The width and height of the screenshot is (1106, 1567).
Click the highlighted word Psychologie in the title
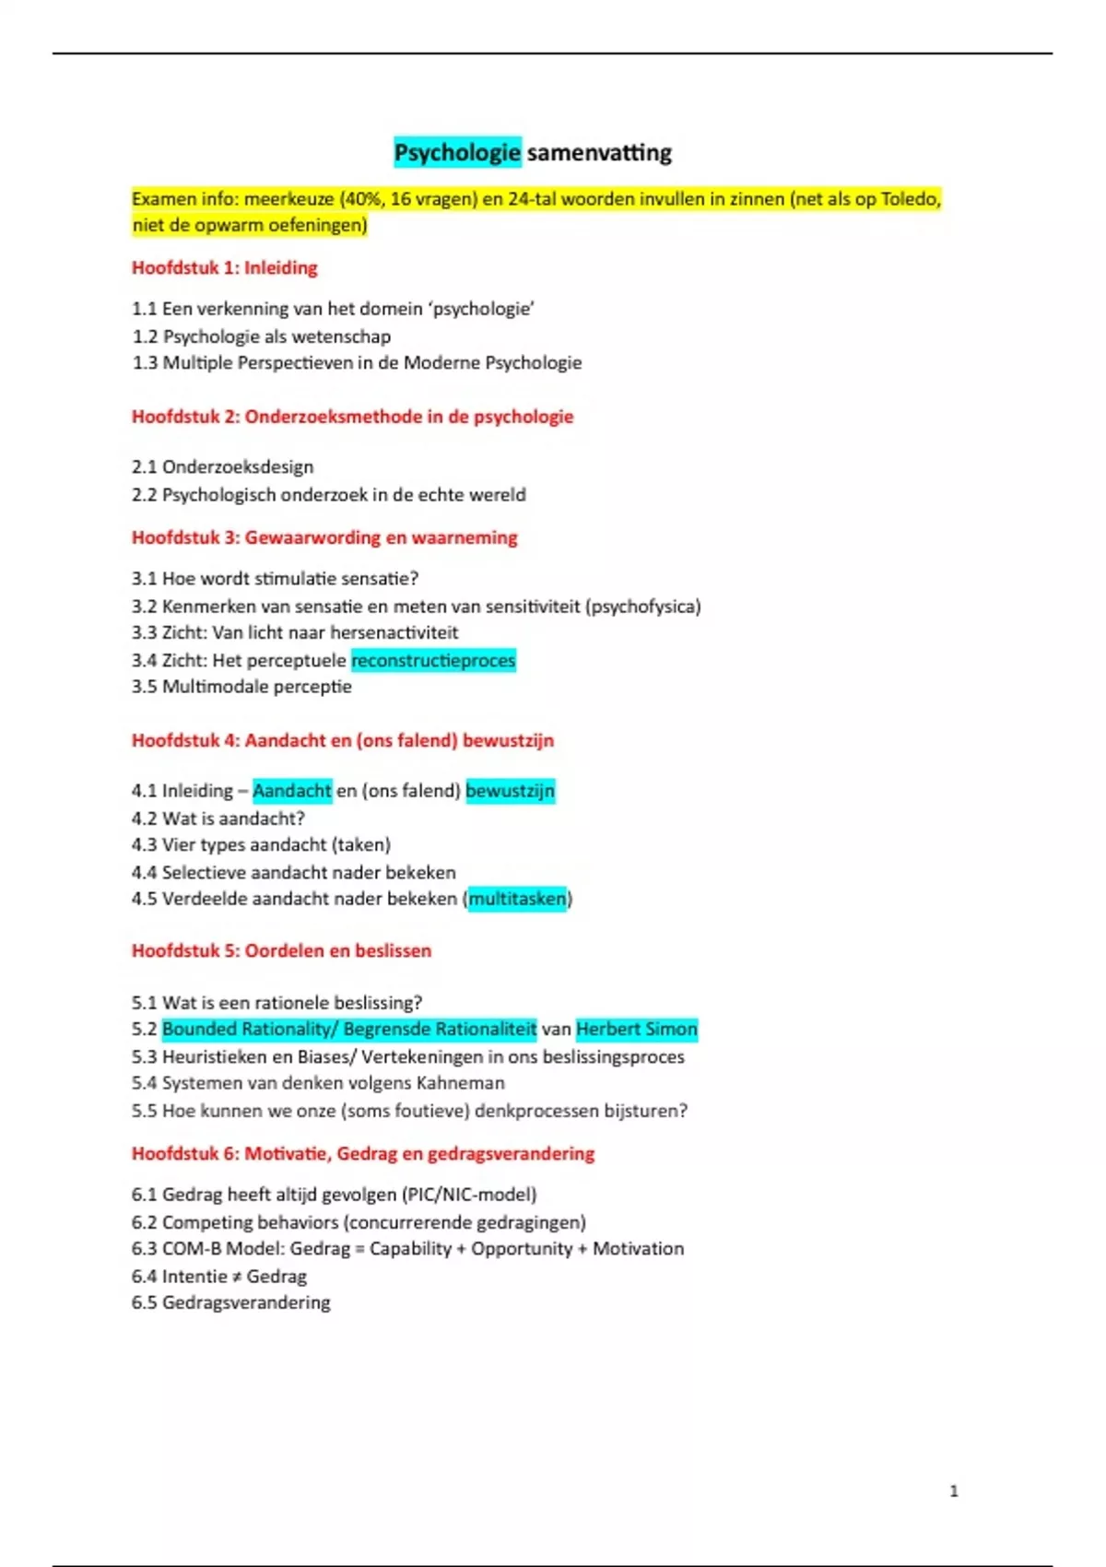(x=457, y=152)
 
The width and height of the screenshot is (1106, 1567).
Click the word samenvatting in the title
(x=599, y=152)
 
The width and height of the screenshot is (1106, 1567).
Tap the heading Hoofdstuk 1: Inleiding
(x=224, y=268)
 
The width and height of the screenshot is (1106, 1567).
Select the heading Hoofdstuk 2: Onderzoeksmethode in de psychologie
(x=352, y=417)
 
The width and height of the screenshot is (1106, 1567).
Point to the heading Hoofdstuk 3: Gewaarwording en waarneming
(x=324, y=537)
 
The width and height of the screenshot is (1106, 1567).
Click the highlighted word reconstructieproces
(x=433, y=660)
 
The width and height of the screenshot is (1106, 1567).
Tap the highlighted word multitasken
(x=517, y=899)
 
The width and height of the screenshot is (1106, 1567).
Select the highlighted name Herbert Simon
(x=637, y=1029)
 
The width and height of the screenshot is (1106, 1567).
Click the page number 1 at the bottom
(x=954, y=1490)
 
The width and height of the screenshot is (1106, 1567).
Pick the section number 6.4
(x=145, y=1277)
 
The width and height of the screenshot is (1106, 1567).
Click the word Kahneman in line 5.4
(x=460, y=1083)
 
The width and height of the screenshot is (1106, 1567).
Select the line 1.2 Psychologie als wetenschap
(x=261, y=336)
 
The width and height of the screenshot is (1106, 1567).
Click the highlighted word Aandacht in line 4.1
(x=291, y=791)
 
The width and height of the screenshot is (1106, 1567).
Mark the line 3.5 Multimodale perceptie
(x=241, y=687)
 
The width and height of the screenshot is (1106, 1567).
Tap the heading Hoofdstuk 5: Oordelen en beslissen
(x=281, y=951)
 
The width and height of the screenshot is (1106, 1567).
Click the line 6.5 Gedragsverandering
(x=230, y=1302)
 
